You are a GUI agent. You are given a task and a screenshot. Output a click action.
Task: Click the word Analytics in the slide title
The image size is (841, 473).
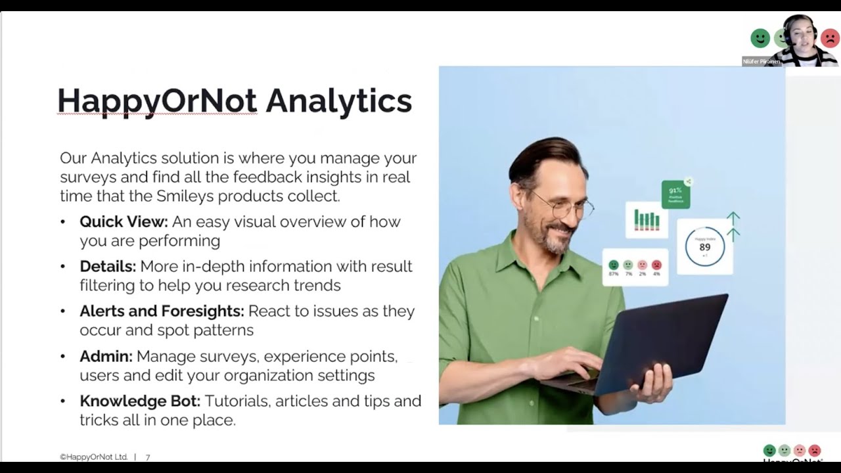(x=338, y=101)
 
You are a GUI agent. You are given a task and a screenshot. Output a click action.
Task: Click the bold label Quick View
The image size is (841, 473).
(x=124, y=222)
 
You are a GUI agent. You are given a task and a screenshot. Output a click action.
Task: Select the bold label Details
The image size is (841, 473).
(x=108, y=267)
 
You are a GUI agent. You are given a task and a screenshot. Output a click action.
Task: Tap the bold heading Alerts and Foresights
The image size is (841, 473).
(x=162, y=311)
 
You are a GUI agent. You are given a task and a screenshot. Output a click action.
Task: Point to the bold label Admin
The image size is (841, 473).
(x=106, y=357)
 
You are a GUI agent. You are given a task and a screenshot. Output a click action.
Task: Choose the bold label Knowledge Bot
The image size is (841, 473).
(x=140, y=401)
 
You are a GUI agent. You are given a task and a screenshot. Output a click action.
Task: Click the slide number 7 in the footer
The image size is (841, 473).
(x=148, y=457)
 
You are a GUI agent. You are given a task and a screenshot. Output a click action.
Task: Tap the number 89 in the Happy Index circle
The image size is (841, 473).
(x=704, y=247)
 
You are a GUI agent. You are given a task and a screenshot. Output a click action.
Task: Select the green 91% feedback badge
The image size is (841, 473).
(x=675, y=194)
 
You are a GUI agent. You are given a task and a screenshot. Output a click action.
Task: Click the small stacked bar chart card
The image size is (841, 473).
(x=647, y=220)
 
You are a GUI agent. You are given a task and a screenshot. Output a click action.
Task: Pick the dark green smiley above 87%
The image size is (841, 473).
(x=614, y=265)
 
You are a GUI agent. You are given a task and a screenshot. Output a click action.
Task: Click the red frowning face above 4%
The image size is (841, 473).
(x=656, y=265)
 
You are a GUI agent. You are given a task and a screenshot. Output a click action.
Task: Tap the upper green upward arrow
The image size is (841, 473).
(x=733, y=217)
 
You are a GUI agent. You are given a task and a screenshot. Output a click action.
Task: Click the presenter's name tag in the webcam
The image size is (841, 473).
(x=761, y=61)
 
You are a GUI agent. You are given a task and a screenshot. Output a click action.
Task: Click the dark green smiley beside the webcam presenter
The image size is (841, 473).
(x=760, y=38)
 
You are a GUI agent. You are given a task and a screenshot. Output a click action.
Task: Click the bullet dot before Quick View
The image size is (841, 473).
(x=63, y=222)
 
